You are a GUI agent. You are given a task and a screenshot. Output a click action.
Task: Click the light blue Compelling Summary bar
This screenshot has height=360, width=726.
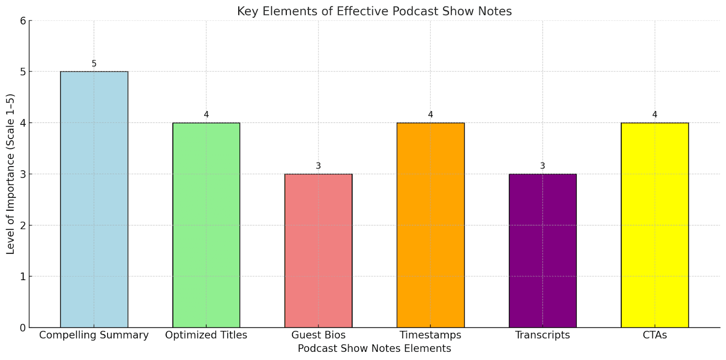[94, 200]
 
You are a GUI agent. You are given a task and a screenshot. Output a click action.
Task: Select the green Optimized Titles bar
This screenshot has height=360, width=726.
[206, 225]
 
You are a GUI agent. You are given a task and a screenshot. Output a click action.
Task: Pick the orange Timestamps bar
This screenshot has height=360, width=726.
[430, 225]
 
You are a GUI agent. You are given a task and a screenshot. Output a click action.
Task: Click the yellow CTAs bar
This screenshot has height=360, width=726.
[654, 225]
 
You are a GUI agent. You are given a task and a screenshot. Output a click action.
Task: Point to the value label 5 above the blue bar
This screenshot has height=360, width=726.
[94, 64]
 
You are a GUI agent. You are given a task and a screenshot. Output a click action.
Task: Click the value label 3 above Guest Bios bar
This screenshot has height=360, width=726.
[318, 166]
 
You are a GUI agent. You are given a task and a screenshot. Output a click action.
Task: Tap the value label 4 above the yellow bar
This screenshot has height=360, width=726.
[654, 115]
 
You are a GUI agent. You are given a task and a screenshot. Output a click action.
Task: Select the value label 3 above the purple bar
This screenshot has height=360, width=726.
[542, 166]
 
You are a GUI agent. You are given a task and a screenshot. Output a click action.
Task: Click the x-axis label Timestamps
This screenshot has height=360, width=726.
[430, 335]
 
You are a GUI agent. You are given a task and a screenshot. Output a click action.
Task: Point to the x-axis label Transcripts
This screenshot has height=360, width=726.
[542, 335]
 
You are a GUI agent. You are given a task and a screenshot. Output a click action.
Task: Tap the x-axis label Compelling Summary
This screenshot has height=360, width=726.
[94, 335]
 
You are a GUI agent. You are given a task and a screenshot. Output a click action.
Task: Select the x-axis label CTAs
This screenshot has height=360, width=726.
[654, 335]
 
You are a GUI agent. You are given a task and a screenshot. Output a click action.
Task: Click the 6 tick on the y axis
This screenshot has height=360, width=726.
[23, 21]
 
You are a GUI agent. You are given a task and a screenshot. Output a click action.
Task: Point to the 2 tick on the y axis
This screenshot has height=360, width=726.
[23, 226]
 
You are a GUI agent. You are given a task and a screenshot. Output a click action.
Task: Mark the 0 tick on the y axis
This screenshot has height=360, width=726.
[23, 328]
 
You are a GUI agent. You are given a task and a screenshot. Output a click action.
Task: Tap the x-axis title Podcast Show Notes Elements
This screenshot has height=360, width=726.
[374, 349]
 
